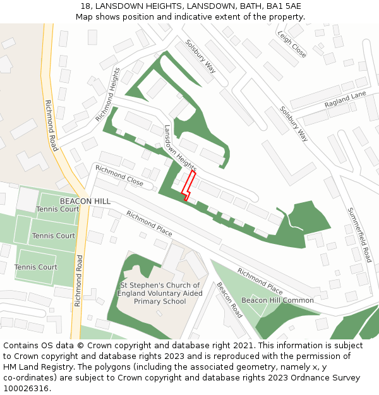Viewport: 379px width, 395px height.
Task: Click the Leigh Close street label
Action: click(x=292, y=44)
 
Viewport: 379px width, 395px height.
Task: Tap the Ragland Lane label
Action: click(x=345, y=99)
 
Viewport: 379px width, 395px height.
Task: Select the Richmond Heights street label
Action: click(x=107, y=94)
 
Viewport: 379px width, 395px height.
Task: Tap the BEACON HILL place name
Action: click(x=85, y=201)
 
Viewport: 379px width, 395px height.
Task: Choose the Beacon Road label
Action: click(x=229, y=300)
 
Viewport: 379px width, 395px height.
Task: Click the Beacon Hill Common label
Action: click(x=277, y=300)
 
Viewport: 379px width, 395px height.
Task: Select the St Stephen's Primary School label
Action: click(x=160, y=293)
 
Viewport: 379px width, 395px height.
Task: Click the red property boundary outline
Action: click(x=188, y=185)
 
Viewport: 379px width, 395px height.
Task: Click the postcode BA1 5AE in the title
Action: click(x=283, y=6)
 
